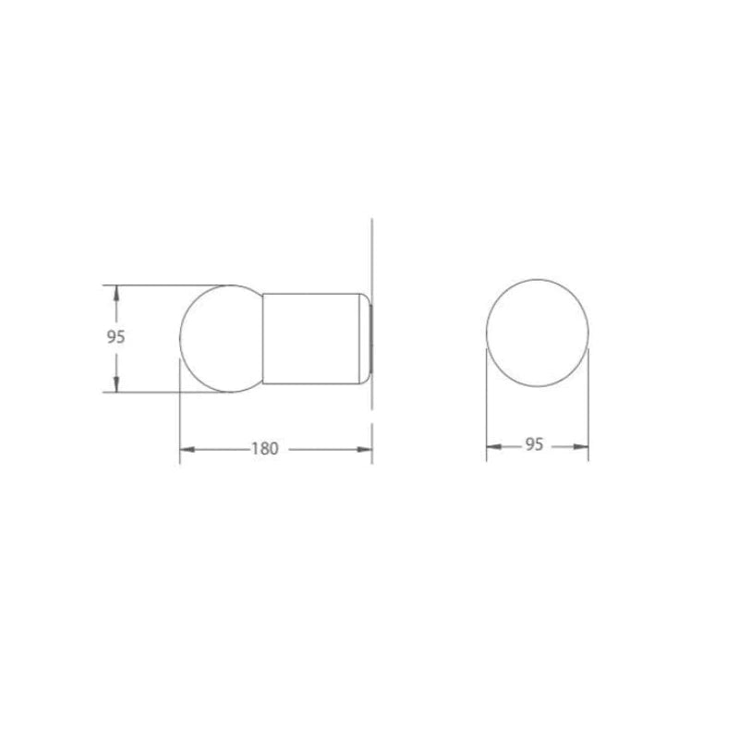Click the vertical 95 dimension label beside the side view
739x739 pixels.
pos(115,337)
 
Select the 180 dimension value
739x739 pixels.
pos(265,449)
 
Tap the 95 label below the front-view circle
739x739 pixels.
pos(534,444)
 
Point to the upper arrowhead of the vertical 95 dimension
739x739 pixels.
pos(116,293)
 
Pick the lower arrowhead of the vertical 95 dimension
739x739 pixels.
pos(116,384)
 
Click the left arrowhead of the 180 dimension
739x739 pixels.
pos(188,450)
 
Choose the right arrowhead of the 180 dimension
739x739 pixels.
pos(364,450)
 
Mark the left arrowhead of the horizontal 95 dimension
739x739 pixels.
pos(494,446)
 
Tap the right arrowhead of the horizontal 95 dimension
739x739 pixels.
pos(581,446)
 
